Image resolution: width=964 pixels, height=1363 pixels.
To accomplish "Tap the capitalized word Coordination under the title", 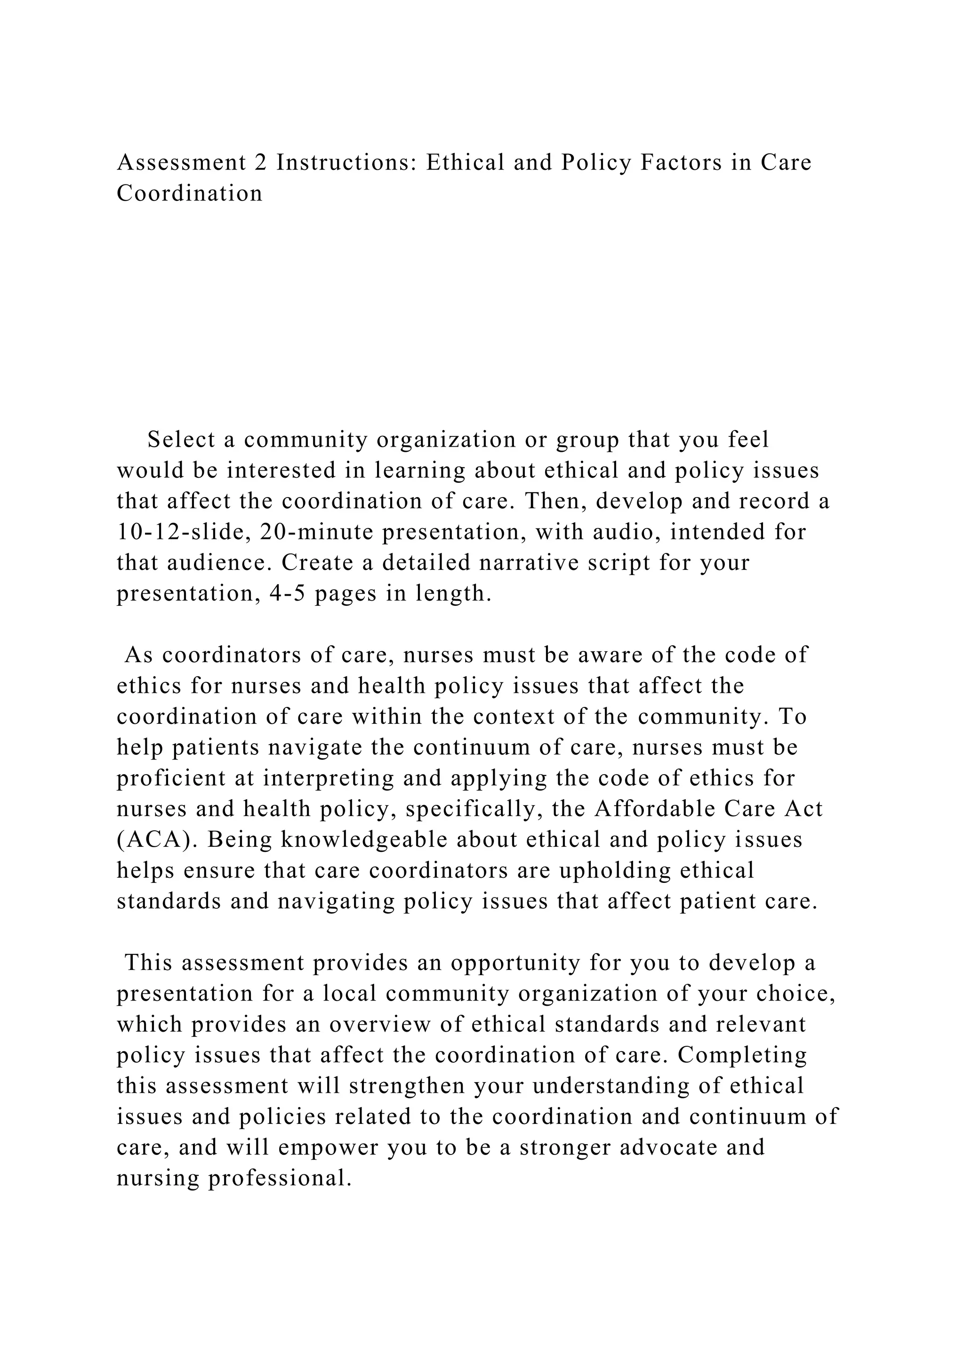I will [x=189, y=193].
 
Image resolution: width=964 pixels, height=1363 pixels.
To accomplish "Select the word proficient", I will [x=171, y=778].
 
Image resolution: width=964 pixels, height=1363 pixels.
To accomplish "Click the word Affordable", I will [x=653, y=809].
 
